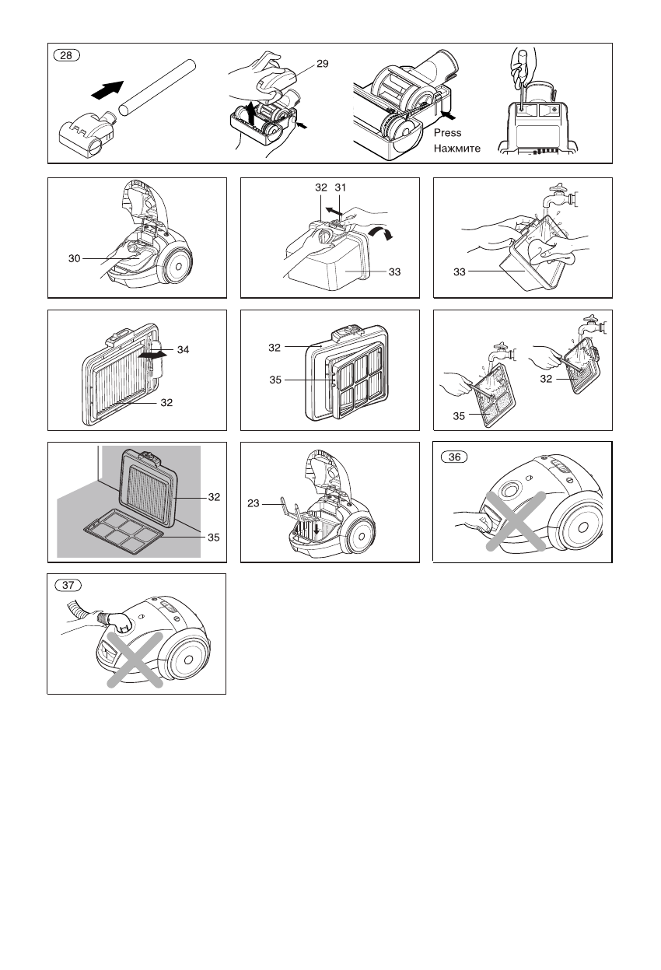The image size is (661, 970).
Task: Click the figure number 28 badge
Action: coord(66,55)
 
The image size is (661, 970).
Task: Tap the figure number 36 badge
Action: coord(454,457)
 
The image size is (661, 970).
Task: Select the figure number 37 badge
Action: coord(68,585)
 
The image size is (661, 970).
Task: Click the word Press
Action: coord(448,133)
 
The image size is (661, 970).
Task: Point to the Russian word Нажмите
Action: coord(457,148)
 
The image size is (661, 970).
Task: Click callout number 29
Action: coord(323,64)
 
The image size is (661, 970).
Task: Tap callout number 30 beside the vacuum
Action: coord(75,258)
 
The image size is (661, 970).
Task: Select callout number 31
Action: coord(341,187)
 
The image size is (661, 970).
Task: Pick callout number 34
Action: coord(183,349)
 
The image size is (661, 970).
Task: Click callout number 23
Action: coord(254,503)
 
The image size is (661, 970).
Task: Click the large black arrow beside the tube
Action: coord(108,89)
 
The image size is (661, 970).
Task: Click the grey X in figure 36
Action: coord(516,521)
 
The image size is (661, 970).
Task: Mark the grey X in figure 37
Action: coord(135,660)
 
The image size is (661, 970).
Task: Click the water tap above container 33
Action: coord(561,198)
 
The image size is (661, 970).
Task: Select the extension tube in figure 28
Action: coord(157,87)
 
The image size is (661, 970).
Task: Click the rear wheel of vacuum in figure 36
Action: coord(582,527)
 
